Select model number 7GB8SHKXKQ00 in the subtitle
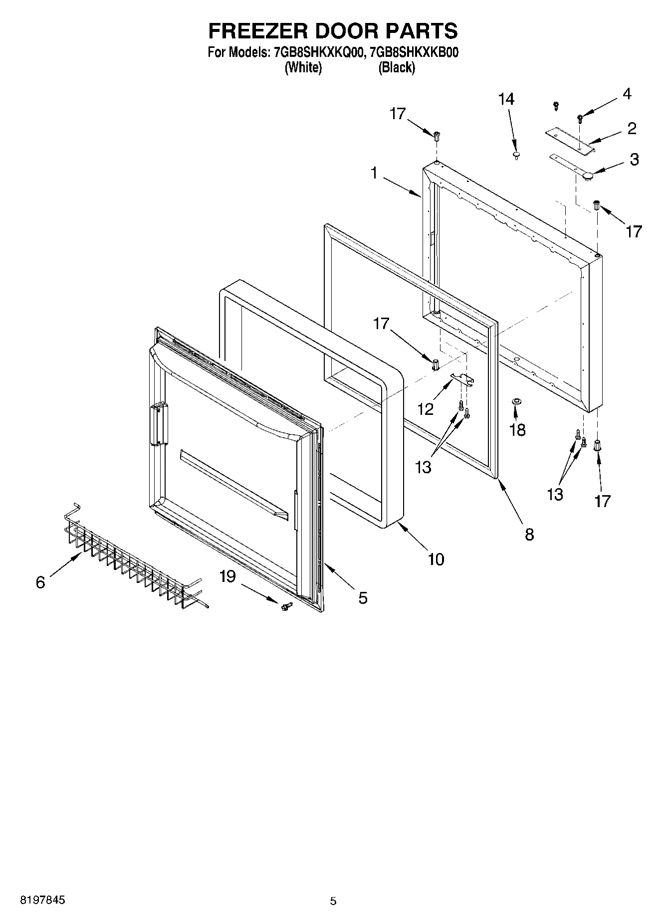[316, 52]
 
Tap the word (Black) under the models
[397, 67]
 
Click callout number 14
[506, 99]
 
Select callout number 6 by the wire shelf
[40, 582]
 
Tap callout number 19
[227, 576]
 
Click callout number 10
[436, 559]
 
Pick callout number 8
[529, 535]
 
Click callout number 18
[517, 429]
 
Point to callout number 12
[426, 409]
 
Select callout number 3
[634, 160]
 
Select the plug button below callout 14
[517, 155]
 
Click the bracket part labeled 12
[461, 379]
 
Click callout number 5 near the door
[363, 597]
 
